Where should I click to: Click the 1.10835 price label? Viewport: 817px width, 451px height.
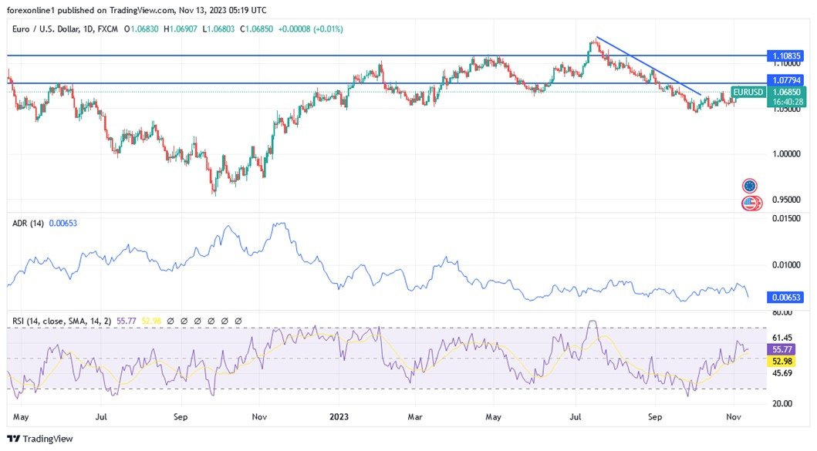coord(786,56)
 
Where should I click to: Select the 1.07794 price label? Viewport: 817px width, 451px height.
coord(786,79)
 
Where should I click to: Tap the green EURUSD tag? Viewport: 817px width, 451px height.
coord(748,93)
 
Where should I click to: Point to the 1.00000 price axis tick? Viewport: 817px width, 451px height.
coord(785,154)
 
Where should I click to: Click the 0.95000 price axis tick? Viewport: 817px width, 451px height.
coord(785,200)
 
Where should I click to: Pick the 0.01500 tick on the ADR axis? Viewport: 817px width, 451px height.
coord(785,219)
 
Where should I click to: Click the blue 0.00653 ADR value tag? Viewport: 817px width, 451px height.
coord(786,297)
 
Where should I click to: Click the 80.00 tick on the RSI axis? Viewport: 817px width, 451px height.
coord(782,312)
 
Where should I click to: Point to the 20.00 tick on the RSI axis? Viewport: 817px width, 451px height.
coord(782,403)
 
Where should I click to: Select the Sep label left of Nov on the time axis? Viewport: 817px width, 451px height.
coord(181,417)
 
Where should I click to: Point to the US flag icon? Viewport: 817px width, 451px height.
coord(749,204)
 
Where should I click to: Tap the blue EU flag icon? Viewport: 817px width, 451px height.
coord(749,186)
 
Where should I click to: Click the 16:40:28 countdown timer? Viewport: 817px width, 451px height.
coord(786,102)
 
